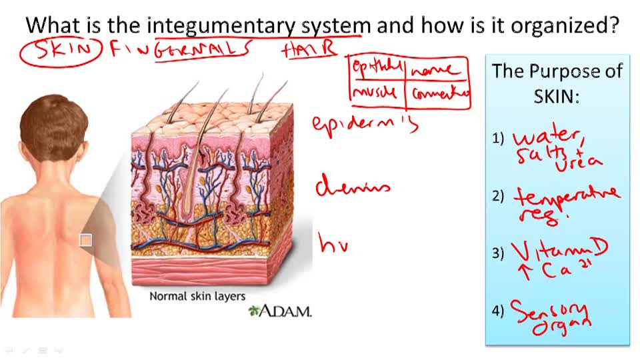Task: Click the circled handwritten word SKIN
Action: point(60,51)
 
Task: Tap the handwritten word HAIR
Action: point(308,49)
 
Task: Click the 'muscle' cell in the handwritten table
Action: point(376,93)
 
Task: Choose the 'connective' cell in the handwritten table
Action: point(440,94)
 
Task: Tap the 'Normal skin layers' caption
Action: point(197,296)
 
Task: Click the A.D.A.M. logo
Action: point(279,310)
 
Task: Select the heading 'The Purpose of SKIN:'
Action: point(557,83)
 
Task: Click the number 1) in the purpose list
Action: point(499,139)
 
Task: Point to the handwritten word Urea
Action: point(579,162)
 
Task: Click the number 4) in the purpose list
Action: point(499,311)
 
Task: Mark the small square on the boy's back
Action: point(85,240)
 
